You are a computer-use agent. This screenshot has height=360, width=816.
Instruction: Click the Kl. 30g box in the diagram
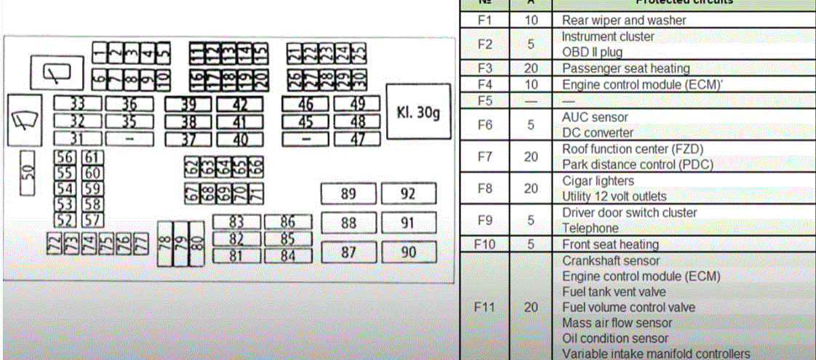pyautogui.click(x=417, y=113)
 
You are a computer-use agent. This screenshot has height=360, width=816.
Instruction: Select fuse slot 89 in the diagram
pyautogui.click(x=348, y=193)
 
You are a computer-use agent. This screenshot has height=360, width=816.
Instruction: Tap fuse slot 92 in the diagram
pyautogui.click(x=409, y=193)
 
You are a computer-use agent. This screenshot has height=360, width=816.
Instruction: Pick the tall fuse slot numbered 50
pyautogui.click(x=28, y=173)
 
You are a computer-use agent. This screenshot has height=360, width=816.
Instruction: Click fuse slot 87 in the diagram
pyautogui.click(x=348, y=252)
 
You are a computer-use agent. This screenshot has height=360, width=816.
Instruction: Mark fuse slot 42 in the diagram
pyautogui.click(x=240, y=105)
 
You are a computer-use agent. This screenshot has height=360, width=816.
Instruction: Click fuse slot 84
pyautogui.click(x=287, y=255)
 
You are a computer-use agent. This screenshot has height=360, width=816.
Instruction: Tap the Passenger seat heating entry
pyautogui.click(x=625, y=68)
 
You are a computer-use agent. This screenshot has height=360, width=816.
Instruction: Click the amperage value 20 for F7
pyautogui.click(x=531, y=156)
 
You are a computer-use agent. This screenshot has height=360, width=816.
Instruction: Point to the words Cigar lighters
pyautogui.click(x=598, y=180)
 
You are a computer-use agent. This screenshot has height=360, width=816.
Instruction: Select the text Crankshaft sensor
pyautogui.click(x=611, y=260)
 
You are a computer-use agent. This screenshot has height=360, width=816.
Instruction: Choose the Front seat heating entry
pyautogui.click(x=610, y=244)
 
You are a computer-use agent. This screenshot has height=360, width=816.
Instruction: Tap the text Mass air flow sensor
pyautogui.click(x=617, y=323)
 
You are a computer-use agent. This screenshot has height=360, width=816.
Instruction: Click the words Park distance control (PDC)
pyautogui.click(x=637, y=164)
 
